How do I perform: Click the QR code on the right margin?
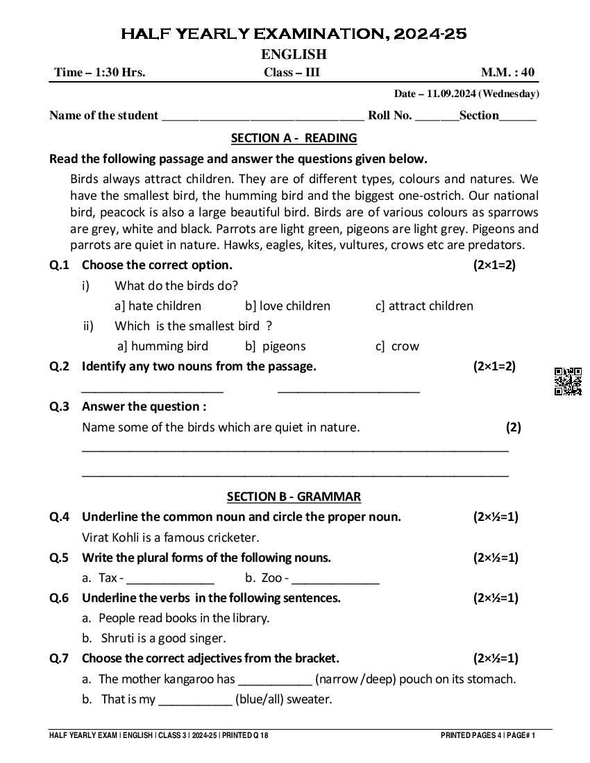coord(568,381)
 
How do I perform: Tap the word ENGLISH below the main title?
coord(294,54)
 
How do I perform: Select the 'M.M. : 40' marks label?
coord(508,72)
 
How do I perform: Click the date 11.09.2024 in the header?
coord(451,94)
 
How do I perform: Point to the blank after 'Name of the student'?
coord(262,116)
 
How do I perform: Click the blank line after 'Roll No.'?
coord(437,116)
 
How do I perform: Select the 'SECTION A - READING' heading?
coord(294,137)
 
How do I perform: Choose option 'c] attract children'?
coord(423,306)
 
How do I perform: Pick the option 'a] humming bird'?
coord(162,346)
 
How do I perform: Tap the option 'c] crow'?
coord(397,346)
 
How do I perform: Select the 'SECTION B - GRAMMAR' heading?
coord(294,496)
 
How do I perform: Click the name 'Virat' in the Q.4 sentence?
coord(96,537)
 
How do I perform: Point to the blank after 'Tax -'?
coord(170,578)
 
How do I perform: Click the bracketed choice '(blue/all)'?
coord(259,699)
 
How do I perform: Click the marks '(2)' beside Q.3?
coord(513,427)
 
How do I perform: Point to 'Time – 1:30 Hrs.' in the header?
coord(100,72)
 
